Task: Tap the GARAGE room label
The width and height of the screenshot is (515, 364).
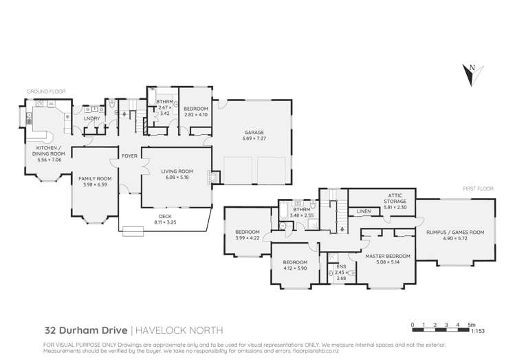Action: coord(253,133)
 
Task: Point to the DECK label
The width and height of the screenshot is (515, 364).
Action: coord(162,216)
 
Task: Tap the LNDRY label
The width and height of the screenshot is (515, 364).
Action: coord(91,118)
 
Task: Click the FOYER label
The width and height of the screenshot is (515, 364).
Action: coord(129,156)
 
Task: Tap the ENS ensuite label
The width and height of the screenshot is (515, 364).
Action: coord(341,267)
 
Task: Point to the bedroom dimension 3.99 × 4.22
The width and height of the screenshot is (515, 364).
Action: coord(248,238)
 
